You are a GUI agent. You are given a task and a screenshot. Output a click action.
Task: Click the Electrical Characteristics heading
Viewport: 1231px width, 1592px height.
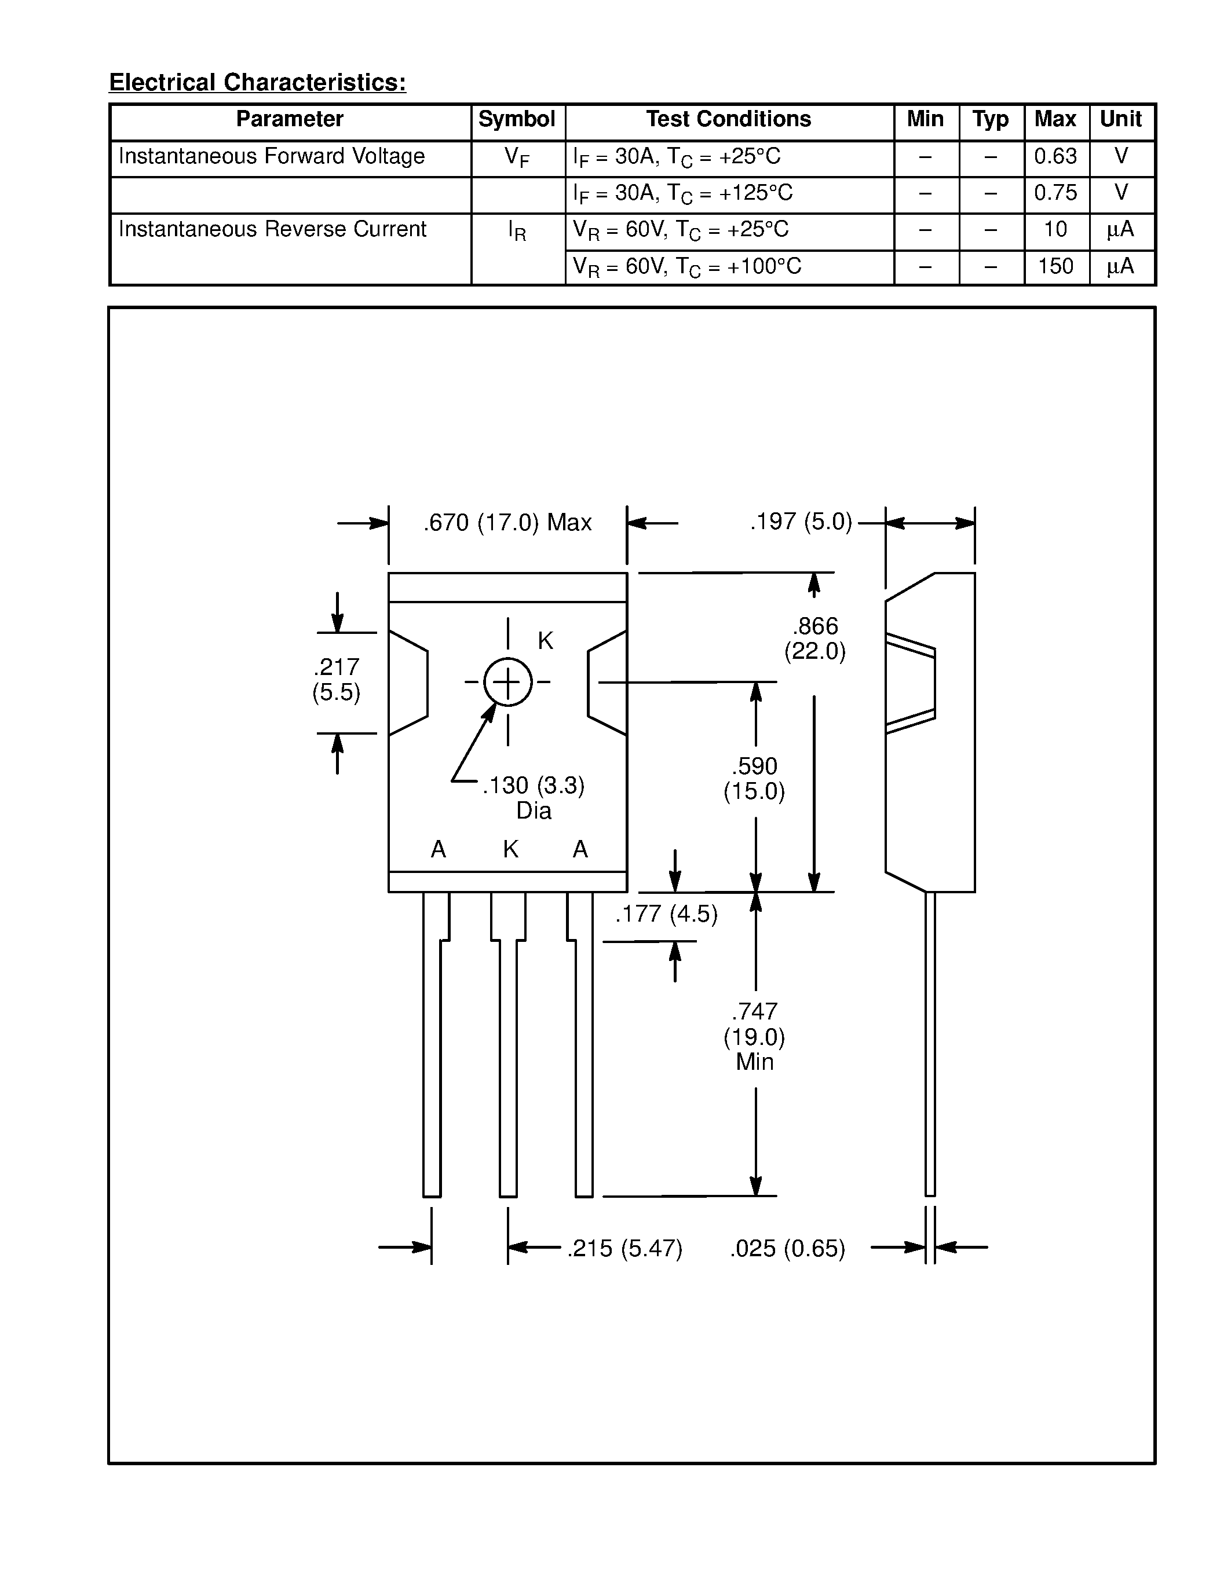[257, 82]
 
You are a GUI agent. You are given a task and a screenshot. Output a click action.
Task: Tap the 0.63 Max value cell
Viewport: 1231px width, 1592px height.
[1055, 156]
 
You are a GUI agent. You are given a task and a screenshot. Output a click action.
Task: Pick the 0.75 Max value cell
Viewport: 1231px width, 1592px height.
[1055, 192]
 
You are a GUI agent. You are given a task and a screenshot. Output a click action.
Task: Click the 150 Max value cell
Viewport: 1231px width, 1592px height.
[1055, 266]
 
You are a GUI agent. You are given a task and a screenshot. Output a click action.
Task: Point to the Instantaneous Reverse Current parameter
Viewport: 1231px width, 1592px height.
[272, 229]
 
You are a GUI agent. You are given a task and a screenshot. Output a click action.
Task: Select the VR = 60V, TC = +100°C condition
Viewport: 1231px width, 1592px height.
[687, 266]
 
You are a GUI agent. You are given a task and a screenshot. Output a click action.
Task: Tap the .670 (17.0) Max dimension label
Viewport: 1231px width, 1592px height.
[507, 523]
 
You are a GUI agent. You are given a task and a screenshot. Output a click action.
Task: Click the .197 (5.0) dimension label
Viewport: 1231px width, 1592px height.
[801, 522]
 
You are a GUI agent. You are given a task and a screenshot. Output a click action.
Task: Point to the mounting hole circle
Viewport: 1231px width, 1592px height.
[507, 683]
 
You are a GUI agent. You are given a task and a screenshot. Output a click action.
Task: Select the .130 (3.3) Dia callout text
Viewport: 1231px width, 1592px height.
[534, 798]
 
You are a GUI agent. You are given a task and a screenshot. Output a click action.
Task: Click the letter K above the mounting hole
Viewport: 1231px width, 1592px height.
[546, 641]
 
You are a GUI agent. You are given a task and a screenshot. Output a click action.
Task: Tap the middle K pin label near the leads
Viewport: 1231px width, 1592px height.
[510, 849]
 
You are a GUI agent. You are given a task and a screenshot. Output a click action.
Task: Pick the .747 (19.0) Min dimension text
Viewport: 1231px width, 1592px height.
[755, 1037]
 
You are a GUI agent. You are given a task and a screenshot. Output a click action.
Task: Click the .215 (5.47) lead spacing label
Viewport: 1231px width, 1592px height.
[625, 1249]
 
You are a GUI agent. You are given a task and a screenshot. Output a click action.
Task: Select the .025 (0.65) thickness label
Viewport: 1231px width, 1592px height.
[788, 1249]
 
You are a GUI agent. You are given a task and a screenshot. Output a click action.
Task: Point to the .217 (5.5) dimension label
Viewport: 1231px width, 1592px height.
[336, 680]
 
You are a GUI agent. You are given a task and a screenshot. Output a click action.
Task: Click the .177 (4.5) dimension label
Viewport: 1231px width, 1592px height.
[667, 914]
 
